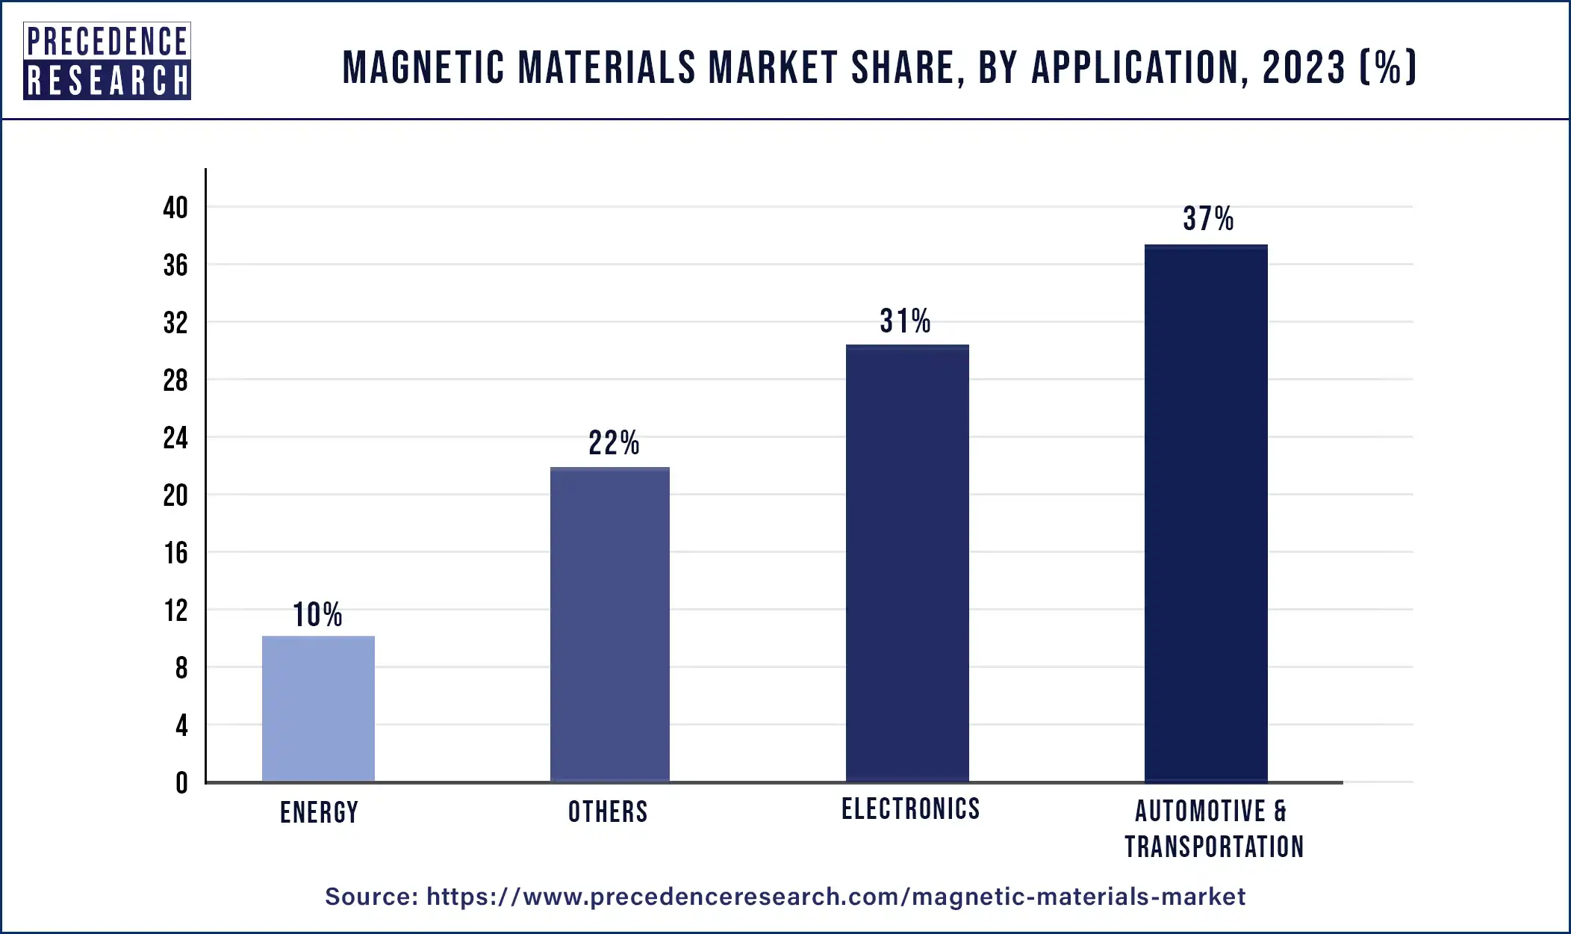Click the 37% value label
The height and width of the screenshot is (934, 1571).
pyautogui.click(x=1207, y=219)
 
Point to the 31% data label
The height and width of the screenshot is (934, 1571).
pyautogui.click(x=905, y=321)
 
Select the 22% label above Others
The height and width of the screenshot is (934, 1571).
pyautogui.click(x=613, y=443)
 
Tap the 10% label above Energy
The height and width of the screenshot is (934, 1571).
pyautogui.click(x=317, y=615)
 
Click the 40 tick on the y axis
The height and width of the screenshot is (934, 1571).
pyautogui.click(x=175, y=208)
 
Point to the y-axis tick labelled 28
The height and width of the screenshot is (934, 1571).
pyautogui.click(x=175, y=381)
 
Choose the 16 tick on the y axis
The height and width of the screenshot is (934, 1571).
pyautogui.click(x=175, y=554)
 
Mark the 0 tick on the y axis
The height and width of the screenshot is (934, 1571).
pyautogui.click(x=181, y=783)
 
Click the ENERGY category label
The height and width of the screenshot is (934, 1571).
pyautogui.click(x=319, y=812)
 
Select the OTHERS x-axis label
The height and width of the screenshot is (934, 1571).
pyautogui.click(x=608, y=811)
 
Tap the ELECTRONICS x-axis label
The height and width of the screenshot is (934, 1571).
pyautogui.click(x=910, y=808)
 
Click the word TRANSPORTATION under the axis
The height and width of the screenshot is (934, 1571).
pyautogui.click(x=1214, y=847)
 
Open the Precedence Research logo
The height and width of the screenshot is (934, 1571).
pyautogui.click(x=107, y=61)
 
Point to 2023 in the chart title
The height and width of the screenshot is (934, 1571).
pyautogui.click(x=1304, y=67)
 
